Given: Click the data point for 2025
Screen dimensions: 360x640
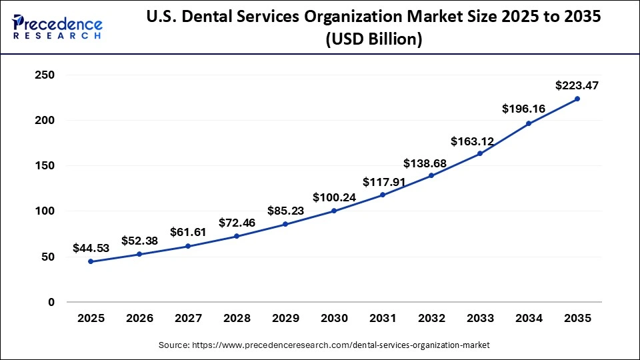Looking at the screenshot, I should pyautogui.click(x=91, y=261).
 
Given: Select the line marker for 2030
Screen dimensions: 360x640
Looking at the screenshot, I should pyautogui.click(x=334, y=211).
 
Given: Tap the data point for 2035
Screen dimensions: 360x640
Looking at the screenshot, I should pyautogui.click(x=577, y=99).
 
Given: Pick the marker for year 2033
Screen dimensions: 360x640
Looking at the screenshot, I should pyautogui.click(x=480, y=153).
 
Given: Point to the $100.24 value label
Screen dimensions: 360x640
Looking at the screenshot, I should pyautogui.click(x=334, y=197).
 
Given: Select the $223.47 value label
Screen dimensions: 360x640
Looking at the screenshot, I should pyautogui.click(x=577, y=85).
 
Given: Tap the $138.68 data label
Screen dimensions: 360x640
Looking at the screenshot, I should pyautogui.click(x=431, y=163).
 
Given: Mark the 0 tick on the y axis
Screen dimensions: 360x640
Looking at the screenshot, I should pyautogui.click(x=51, y=302).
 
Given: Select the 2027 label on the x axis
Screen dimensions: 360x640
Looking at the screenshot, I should pyautogui.click(x=188, y=319).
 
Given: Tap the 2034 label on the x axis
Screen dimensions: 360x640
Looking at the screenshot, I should pyautogui.click(x=529, y=319).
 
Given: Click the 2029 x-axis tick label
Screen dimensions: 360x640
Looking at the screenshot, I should pyautogui.click(x=285, y=319).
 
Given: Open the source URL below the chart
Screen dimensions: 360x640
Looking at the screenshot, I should pyautogui.click(x=324, y=345).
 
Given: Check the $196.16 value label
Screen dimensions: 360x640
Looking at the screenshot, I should pyautogui.click(x=529, y=108).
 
